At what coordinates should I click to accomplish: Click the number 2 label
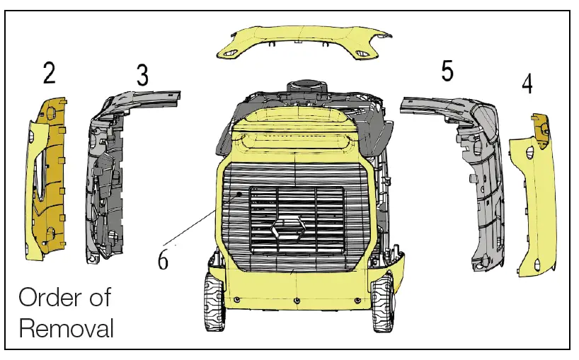[x=49, y=73]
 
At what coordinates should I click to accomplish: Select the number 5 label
[x=447, y=71]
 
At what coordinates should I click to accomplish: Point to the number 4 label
[x=527, y=83]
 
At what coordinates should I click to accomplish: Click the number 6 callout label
[x=163, y=260]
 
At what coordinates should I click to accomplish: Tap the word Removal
[x=66, y=328]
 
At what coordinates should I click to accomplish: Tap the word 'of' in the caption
[x=99, y=297]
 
